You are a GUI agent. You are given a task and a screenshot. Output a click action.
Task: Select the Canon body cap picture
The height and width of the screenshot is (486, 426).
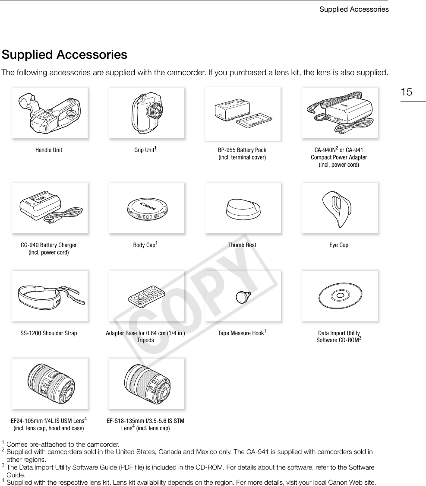tap(146, 208)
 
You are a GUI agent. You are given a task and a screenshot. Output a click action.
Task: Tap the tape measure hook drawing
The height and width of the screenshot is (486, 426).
tap(243, 296)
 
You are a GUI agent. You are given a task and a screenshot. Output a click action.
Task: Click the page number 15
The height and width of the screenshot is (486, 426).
tap(406, 92)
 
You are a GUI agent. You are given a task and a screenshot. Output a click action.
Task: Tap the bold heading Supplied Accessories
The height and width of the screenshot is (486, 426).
tap(64, 55)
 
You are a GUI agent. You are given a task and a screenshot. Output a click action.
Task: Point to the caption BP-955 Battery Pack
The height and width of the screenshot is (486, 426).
tap(242, 150)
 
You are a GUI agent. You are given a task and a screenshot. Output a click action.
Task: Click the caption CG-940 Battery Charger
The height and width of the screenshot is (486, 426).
tap(49, 245)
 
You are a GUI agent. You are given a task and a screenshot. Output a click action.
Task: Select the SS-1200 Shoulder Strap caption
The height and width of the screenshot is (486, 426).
tap(49, 333)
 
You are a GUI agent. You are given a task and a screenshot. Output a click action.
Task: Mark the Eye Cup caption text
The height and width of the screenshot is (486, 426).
tap(339, 245)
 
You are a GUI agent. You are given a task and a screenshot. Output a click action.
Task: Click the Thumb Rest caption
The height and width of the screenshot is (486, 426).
tap(242, 245)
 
